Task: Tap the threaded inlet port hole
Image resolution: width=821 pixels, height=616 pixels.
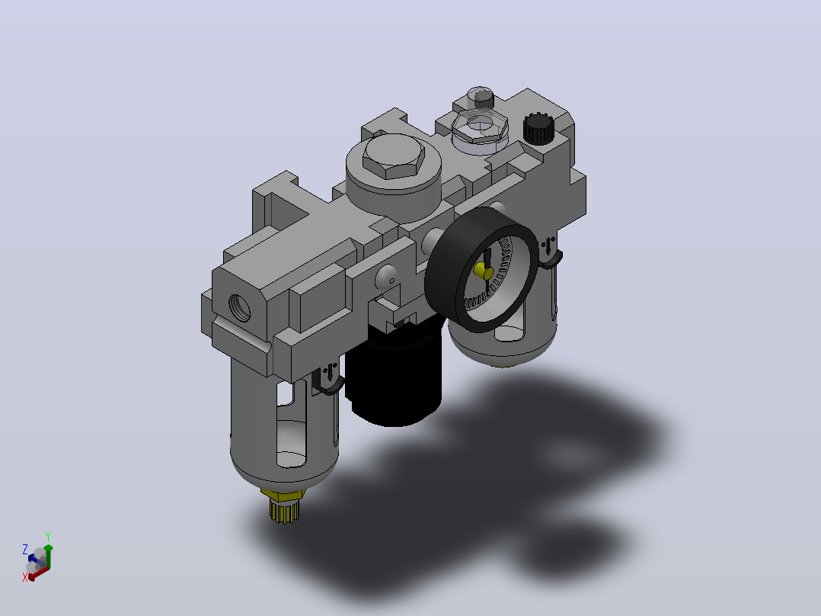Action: coord(239,308)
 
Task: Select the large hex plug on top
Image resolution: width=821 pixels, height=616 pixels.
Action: coord(394,157)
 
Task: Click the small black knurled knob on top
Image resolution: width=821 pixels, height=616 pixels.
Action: coord(538,128)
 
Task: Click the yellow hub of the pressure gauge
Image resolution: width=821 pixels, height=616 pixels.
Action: coord(483,271)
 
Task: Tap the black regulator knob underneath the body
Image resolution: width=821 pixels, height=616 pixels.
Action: coord(395,375)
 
